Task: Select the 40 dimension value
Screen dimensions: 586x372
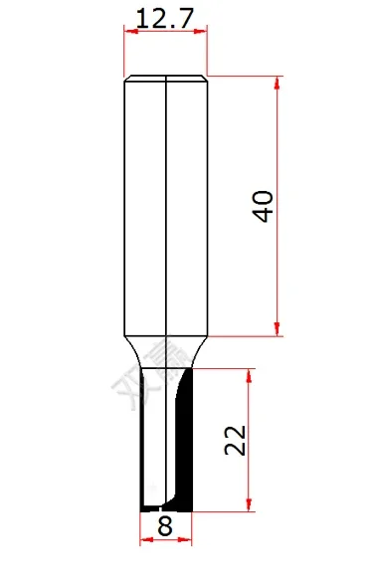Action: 264,207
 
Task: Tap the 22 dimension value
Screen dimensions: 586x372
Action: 236,439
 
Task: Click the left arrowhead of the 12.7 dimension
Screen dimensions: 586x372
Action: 129,32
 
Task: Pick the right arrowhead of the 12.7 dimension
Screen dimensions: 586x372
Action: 203,32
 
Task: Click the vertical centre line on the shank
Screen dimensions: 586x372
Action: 165,199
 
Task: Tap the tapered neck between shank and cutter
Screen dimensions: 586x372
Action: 165,351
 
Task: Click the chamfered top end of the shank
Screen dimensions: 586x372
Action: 165,78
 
